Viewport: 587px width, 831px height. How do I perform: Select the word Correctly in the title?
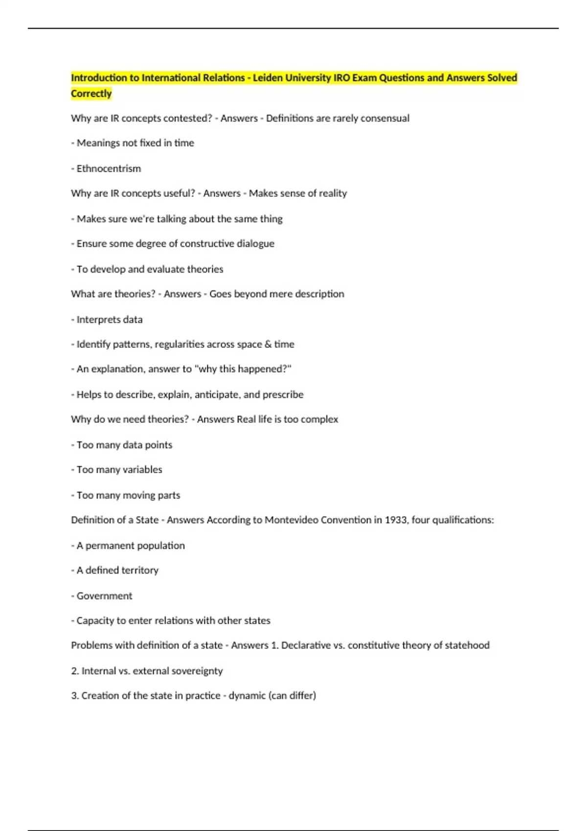point(91,93)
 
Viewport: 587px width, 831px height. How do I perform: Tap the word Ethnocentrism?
point(109,169)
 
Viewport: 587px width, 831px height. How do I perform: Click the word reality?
point(333,193)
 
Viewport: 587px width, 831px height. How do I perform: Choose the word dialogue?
point(255,243)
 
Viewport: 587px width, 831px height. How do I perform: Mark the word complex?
point(320,419)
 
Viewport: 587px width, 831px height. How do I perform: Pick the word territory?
point(140,570)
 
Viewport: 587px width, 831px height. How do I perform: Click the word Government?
point(104,596)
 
